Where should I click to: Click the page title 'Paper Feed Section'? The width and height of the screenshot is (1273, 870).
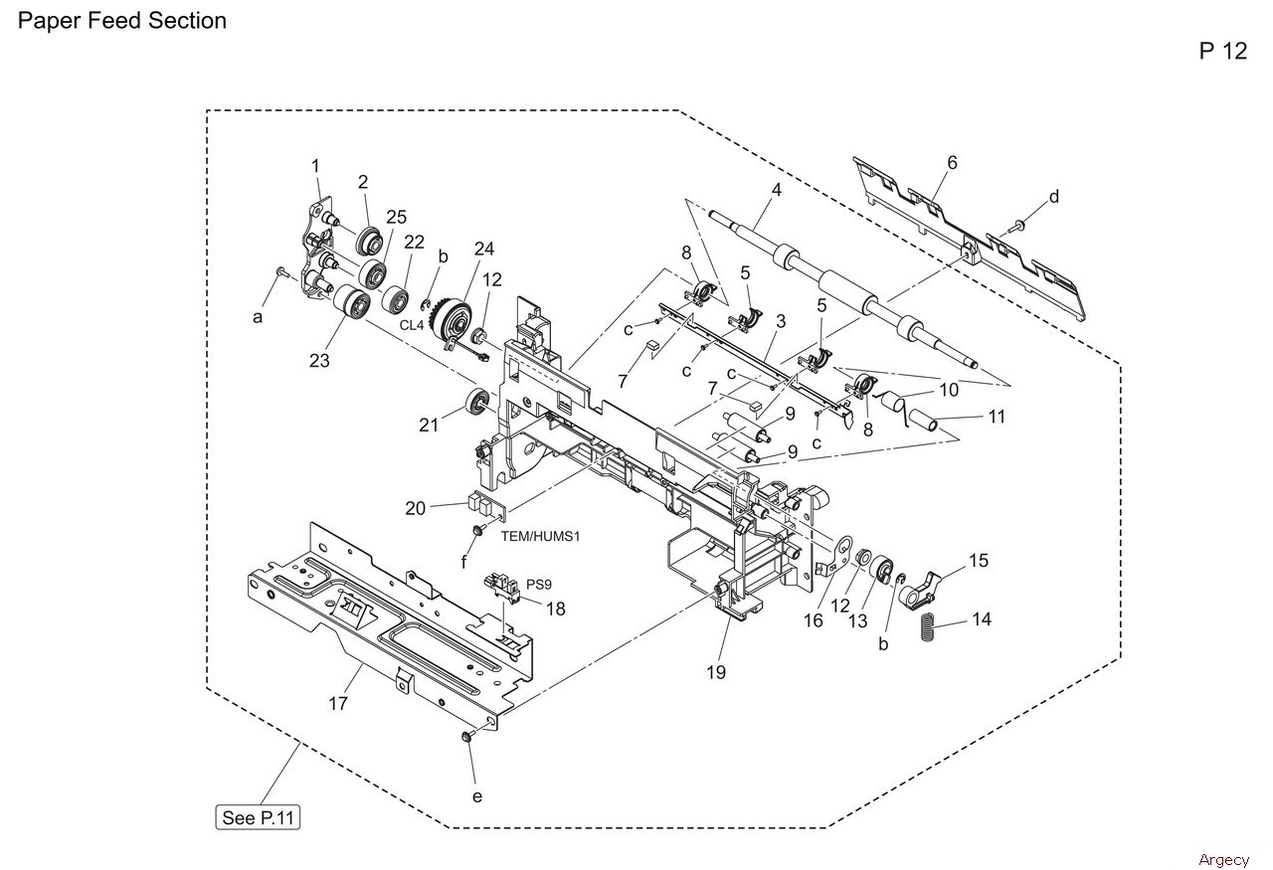[122, 21]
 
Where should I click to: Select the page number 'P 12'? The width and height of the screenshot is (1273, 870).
[1222, 52]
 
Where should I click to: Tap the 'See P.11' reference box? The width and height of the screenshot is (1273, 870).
[259, 818]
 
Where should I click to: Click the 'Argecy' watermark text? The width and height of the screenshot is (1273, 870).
[1223, 859]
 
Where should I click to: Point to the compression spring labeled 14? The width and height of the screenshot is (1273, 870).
[926, 627]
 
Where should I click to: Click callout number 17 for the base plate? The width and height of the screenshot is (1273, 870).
[338, 703]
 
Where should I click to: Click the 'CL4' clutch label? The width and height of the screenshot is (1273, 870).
[413, 325]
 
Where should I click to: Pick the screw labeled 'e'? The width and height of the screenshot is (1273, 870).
[465, 737]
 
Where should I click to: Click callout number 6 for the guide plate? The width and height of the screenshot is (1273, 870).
[952, 163]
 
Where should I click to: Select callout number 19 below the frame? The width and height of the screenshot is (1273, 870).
[716, 672]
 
